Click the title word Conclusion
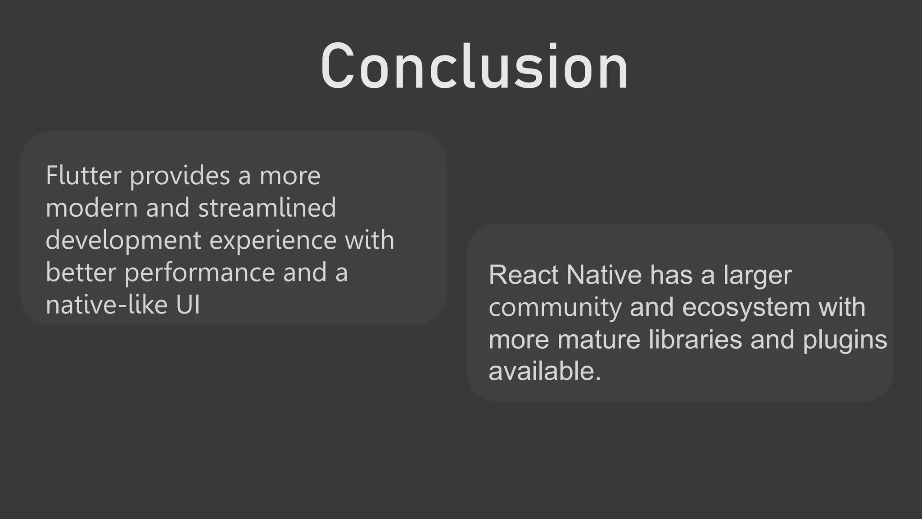click(x=474, y=67)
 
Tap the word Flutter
click(x=83, y=175)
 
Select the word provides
click(x=180, y=175)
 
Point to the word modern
click(x=91, y=208)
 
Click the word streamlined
click(x=267, y=208)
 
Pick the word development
click(x=123, y=240)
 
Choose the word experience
click(x=273, y=240)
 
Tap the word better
click(x=81, y=273)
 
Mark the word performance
click(x=200, y=273)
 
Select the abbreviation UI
click(x=188, y=305)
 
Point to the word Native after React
click(x=604, y=275)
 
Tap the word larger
click(x=757, y=276)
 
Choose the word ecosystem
click(x=746, y=308)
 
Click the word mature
click(x=598, y=340)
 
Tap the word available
click(x=545, y=372)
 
